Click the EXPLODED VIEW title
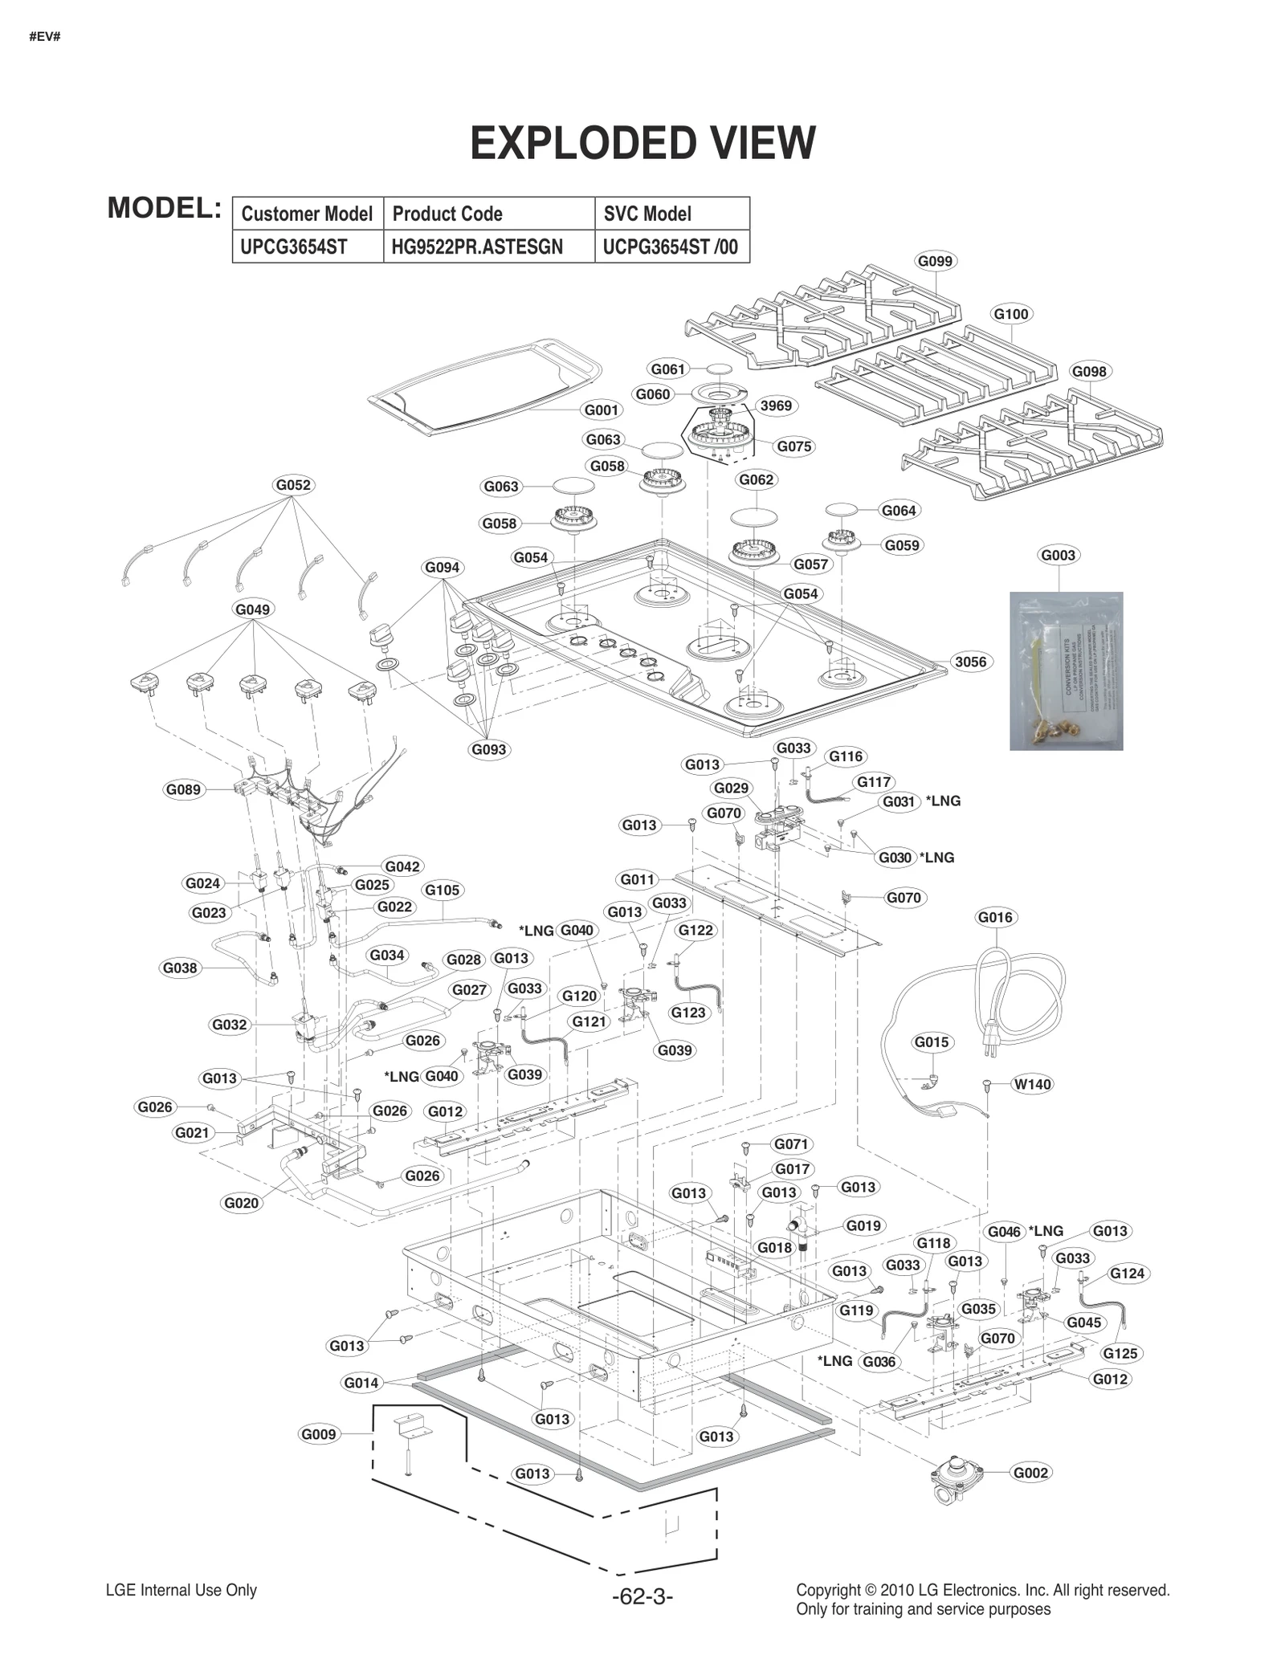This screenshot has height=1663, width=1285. pos(642,144)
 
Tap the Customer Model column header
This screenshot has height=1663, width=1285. pos(307,214)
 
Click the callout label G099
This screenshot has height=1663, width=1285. pos(935,261)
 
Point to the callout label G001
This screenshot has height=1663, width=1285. pos(601,410)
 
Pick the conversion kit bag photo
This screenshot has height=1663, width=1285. pos(1066,670)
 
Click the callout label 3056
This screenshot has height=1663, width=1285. pos(970,662)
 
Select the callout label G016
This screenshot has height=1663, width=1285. pos(996,917)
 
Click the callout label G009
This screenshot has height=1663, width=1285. pos(319,1434)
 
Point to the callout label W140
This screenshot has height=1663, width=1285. pos(1032,1084)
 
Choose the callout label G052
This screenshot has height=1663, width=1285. pos(292,485)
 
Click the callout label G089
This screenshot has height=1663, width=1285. pos(183,789)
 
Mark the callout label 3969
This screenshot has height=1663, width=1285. pos(776,406)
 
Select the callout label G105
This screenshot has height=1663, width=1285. pos(442,890)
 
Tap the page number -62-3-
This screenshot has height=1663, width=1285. pos(642,1596)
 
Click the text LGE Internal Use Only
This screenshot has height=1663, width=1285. pos(182,1590)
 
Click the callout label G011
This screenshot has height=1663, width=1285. pos(638,879)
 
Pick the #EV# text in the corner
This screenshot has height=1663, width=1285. pos(44,37)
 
